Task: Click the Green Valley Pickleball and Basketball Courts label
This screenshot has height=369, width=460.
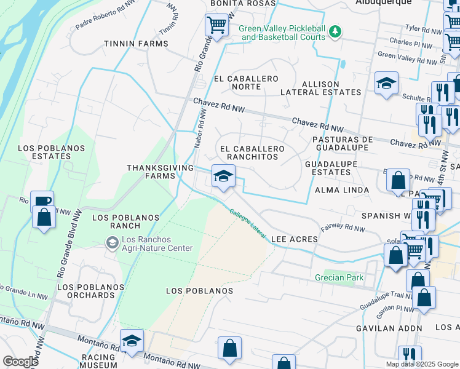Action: (x=282, y=33)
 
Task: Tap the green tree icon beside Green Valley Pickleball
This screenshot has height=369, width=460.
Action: (x=335, y=30)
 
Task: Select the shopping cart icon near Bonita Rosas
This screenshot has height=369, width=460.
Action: (x=216, y=25)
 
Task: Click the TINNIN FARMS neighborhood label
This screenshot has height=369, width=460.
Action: (x=136, y=44)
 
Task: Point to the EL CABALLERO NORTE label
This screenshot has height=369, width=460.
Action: (x=246, y=83)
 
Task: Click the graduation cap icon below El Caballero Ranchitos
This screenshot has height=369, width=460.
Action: (x=223, y=176)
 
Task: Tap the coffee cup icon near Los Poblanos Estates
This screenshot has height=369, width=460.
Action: (x=42, y=202)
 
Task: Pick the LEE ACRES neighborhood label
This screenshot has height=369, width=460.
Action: (x=294, y=239)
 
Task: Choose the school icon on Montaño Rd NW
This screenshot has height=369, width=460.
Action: (x=132, y=341)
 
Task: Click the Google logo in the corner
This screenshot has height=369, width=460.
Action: (x=20, y=361)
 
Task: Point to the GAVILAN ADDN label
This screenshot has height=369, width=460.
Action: (x=389, y=328)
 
